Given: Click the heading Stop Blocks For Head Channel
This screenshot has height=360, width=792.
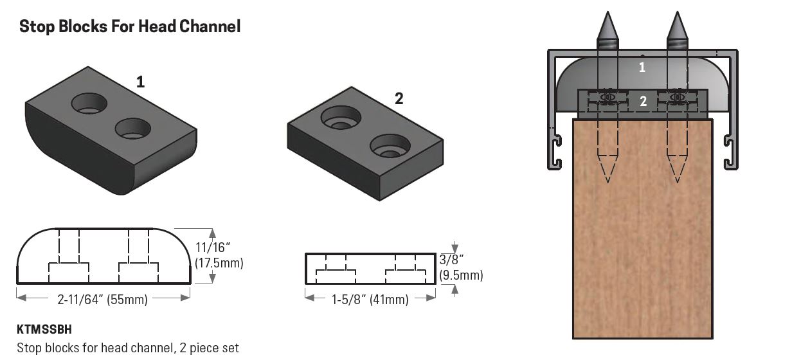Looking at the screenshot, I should [x=130, y=26].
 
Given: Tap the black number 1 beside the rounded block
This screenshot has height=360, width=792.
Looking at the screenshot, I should [x=140, y=82].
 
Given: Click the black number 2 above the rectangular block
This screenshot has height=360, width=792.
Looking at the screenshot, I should [x=399, y=98].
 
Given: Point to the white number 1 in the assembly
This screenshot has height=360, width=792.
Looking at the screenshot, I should [x=642, y=67].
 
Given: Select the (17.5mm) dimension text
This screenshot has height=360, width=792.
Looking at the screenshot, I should [x=219, y=264].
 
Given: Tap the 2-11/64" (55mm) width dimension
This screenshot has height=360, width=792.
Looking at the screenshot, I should [x=103, y=299].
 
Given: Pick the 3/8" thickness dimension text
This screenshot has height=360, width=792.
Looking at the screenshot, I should [x=453, y=260].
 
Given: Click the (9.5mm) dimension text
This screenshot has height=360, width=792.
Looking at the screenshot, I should [x=460, y=275].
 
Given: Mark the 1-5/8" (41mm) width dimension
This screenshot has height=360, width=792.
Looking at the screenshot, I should [x=370, y=299].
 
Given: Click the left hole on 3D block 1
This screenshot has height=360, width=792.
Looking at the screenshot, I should [x=91, y=102].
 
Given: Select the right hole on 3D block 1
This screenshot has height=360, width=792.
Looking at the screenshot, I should [x=133, y=128].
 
